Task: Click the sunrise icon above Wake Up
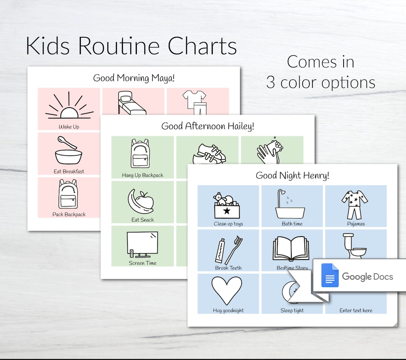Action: (69, 108)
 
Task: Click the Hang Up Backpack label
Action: (142, 175)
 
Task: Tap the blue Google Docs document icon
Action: (330, 276)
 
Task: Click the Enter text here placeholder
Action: (356, 310)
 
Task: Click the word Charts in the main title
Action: (202, 46)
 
